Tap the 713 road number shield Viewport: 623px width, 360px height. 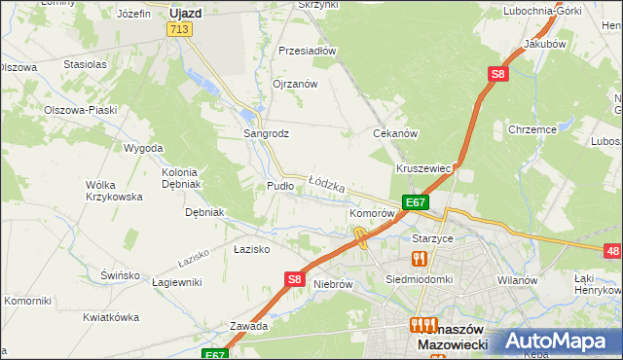pos(178,30)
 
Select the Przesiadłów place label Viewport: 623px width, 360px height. pos(307,51)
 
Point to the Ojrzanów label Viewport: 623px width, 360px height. pos(295,84)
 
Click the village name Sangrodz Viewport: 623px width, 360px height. pos(266,133)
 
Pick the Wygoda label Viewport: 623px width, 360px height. pos(143,148)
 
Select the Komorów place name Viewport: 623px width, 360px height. pos(371,212)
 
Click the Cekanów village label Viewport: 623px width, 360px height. pos(395,133)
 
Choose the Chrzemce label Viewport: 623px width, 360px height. pos(531,128)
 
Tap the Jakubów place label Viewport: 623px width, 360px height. pos(544,45)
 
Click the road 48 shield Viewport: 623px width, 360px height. pos(612,252)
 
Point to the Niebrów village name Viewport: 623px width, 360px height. pos(333,285)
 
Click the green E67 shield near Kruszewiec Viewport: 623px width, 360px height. pos(416,202)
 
